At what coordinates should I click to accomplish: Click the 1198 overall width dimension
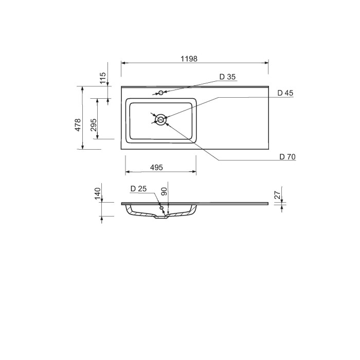[189, 59]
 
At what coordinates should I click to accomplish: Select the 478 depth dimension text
[78, 125]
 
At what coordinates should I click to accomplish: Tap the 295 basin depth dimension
[94, 125]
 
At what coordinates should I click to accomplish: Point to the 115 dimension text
[103, 78]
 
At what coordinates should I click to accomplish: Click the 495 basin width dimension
[156, 167]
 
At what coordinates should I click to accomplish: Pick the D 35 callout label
[227, 77]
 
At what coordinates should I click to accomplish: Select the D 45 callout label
[285, 93]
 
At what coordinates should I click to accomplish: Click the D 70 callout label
[287, 157]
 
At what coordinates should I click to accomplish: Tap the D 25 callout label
[138, 189]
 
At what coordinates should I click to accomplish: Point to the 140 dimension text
[98, 193]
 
